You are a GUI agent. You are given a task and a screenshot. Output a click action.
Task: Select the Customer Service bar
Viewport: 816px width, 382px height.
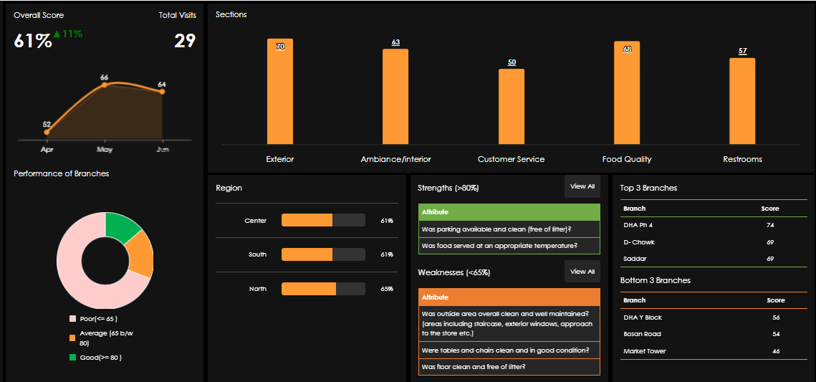click(x=511, y=107)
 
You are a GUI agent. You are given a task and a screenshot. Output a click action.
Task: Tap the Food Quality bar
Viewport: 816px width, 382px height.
click(x=626, y=93)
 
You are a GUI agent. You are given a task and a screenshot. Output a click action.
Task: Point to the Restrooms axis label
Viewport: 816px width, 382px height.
click(x=742, y=159)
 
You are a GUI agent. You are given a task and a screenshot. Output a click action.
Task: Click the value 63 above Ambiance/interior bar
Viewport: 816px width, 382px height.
click(x=395, y=42)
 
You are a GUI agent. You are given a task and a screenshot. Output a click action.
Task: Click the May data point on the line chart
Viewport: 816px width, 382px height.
click(x=105, y=85)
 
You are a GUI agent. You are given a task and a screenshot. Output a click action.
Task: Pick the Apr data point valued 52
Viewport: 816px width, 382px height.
click(x=47, y=132)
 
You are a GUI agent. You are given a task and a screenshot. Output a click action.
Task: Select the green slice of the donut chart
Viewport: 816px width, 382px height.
click(x=122, y=227)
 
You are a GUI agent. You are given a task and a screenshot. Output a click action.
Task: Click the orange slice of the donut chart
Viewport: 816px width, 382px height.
click(x=141, y=255)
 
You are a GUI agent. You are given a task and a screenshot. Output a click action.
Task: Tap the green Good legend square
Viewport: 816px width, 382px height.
click(x=72, y=357)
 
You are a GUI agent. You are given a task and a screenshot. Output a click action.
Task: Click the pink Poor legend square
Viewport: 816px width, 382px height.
click(x=72, y=318)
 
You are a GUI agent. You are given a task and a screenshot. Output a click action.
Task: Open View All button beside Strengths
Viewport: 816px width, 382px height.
click(x=582, y=186)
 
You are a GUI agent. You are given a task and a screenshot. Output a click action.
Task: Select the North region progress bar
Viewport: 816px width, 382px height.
click(x=323, y=289)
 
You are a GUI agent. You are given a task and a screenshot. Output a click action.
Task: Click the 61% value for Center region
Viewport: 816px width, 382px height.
click(x=387, y=221)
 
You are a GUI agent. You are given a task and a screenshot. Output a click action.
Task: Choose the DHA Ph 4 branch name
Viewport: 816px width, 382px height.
click(x=638, y=225)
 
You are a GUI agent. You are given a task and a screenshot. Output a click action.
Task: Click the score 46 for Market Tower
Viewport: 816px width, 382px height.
click(x=775, y=351)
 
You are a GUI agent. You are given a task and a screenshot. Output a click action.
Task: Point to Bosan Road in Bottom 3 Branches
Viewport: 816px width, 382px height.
click(x=643, y=334)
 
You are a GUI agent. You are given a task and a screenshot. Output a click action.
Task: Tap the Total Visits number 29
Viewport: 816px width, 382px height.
click(x=185, y=41)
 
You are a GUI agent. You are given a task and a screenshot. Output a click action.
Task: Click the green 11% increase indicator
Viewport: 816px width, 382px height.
click(x=68, y=34)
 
